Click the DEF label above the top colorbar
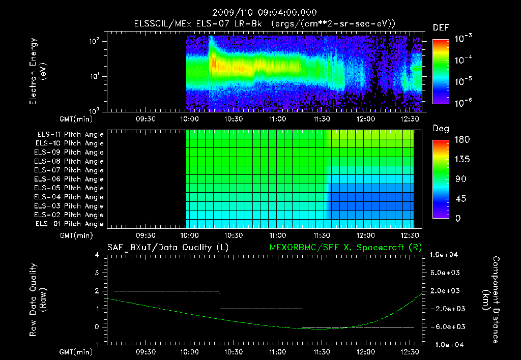[441, 27]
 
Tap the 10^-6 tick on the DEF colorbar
[464, 102]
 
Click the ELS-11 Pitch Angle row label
[70, 135]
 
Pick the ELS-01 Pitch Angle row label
[70, 224]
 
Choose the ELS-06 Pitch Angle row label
[70, 179]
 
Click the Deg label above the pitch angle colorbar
[441, 129]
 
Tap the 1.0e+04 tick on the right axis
[446, 255]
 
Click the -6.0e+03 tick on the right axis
[445, 326]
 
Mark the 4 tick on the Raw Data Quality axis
[97, 255]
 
